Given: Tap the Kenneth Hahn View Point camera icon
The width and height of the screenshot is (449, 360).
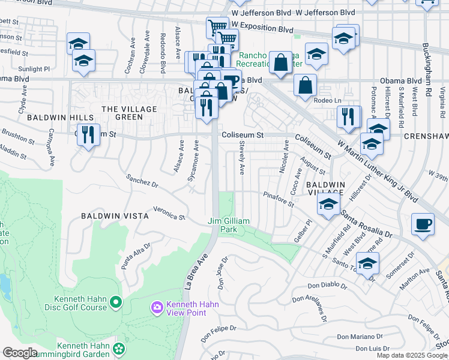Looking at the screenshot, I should (157, 308).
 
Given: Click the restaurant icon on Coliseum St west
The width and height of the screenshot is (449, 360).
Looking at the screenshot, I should (88, 134).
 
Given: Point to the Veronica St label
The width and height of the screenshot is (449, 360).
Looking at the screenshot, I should (169, 212).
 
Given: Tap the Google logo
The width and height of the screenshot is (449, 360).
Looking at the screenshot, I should (20, 353).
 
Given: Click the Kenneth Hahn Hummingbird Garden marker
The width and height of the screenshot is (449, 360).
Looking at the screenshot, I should (119, 348).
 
